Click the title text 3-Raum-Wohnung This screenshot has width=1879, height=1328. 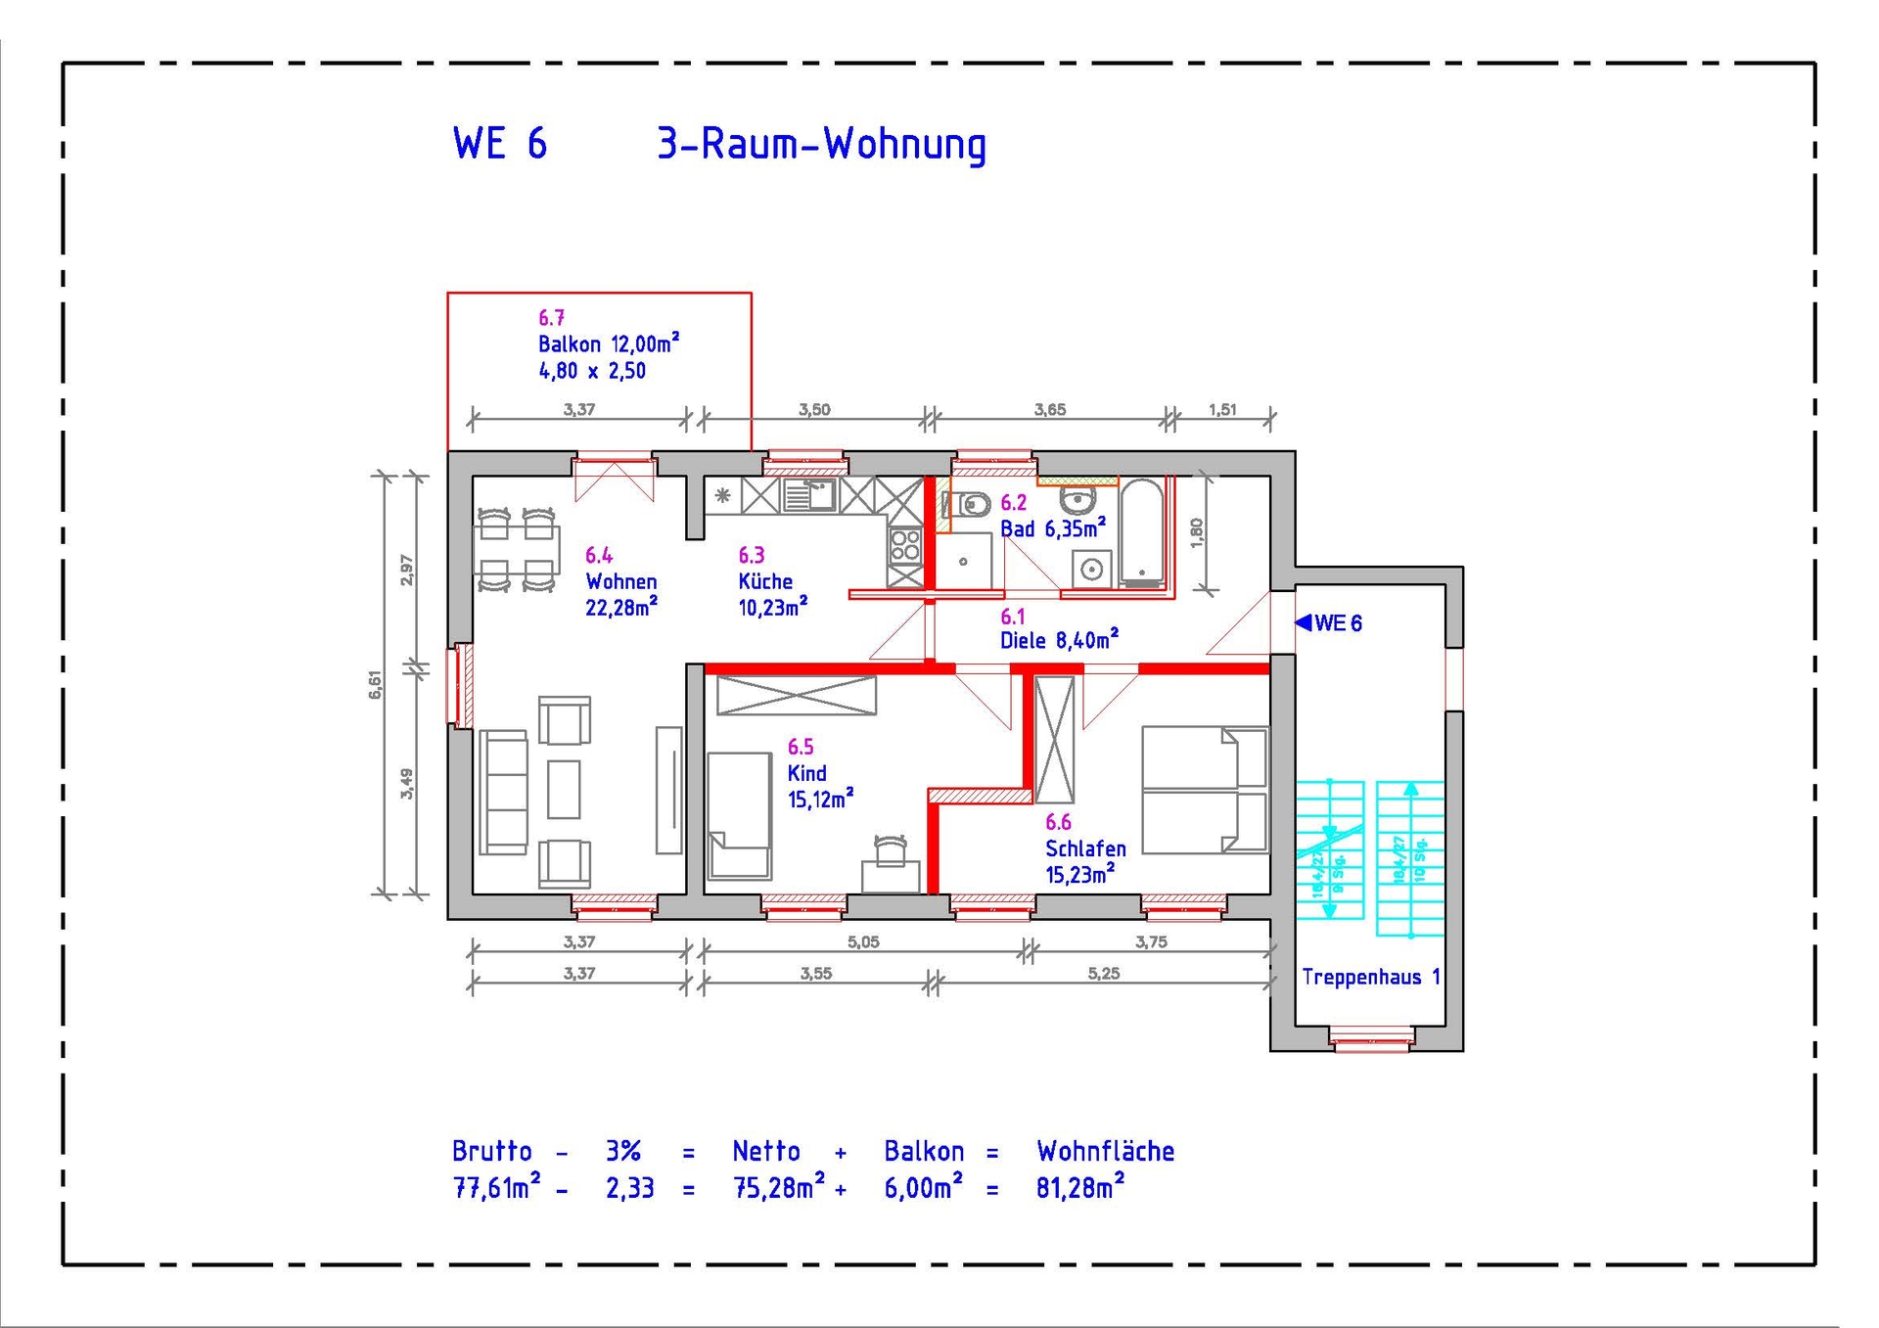coord(821,145)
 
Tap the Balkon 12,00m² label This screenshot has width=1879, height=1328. coord(608,344)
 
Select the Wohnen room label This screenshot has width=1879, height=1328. coord(620,581)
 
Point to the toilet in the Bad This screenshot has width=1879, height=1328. coord(970,505)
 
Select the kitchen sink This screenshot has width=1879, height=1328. coord(809,495)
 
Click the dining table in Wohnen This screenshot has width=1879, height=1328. coord(516,550)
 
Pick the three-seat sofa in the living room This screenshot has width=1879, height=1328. coord(504,791)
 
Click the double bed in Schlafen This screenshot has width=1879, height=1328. coord(1205,790)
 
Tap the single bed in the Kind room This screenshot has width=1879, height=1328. coord(739,815)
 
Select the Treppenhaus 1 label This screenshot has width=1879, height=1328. coord(1370,977)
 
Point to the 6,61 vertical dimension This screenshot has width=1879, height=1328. coord(375,683)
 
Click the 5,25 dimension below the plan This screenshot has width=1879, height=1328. coord(1103,973)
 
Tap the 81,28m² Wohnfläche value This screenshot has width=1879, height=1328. coord(1080,1188)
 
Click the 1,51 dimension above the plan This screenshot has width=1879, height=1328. coord(1222,410)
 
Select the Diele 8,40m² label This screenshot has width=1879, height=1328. coord(1058,641)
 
